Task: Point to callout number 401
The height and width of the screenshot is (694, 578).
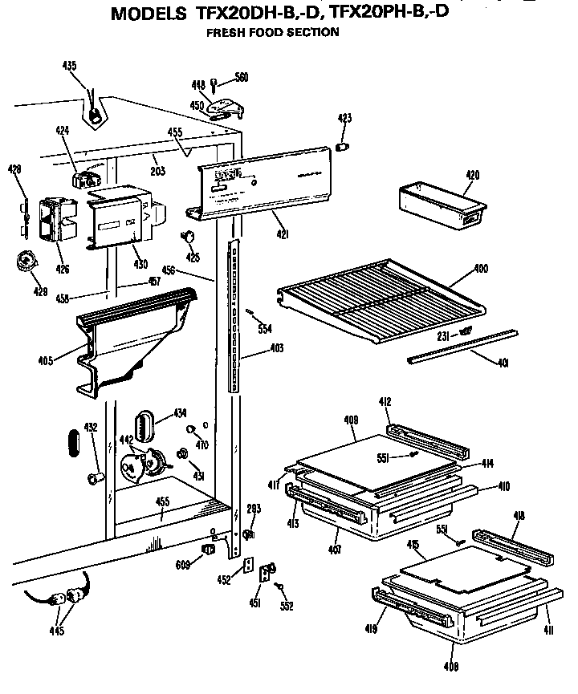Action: point(503,363)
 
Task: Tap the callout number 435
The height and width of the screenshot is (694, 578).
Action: point(71,66)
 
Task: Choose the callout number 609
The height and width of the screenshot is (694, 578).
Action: point(183,565)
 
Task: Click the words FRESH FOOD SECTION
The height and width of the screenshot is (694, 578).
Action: point(272,33)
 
